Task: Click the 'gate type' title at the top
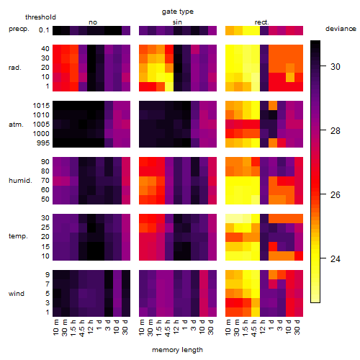178,12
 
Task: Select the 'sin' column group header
177,22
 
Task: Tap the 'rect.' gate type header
261,22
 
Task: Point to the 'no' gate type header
93,22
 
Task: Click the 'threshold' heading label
40,17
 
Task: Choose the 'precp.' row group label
19,29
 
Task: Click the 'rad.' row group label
15,68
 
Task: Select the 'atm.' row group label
16,125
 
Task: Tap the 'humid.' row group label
20,180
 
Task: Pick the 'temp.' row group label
18,236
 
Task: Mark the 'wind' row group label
17,294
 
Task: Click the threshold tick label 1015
41,106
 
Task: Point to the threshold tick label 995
43,143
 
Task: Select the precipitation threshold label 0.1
44,30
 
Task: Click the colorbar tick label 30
336,66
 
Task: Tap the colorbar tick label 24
336,258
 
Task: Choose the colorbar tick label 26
336,194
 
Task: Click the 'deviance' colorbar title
341,29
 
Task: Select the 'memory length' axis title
178,350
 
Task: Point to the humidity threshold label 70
45,181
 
